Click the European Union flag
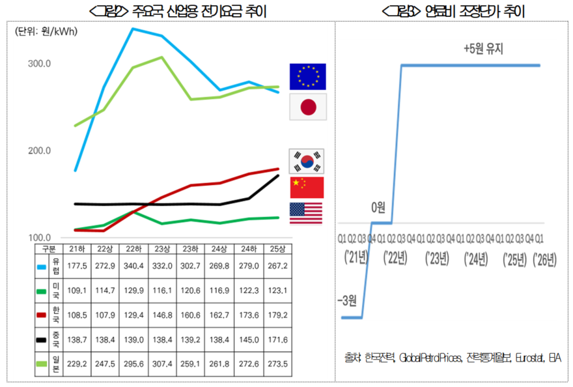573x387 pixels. pyautogui.click(x=307, y=77)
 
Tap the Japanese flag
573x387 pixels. pyautogui.click(x=307, y=107)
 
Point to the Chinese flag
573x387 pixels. pyautogui.click(x=306, y=187)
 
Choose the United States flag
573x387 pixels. pyautogui.click(x=306, y=213)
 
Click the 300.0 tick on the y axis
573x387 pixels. pyautogui.click(x=39, y=64)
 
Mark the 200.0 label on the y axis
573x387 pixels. pyautogui.click(x=39, y=150)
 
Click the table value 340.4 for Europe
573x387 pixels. pyautogui.click(x=134, y=266)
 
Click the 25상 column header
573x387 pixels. pyautogui.click(x=277, y=249)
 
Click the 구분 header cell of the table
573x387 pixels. pyautogui.click(x=49, y=249)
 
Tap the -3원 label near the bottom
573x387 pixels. pyautogui.click(x=348, y=300)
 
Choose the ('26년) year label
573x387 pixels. pyautogui.click(x=544, y=260)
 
